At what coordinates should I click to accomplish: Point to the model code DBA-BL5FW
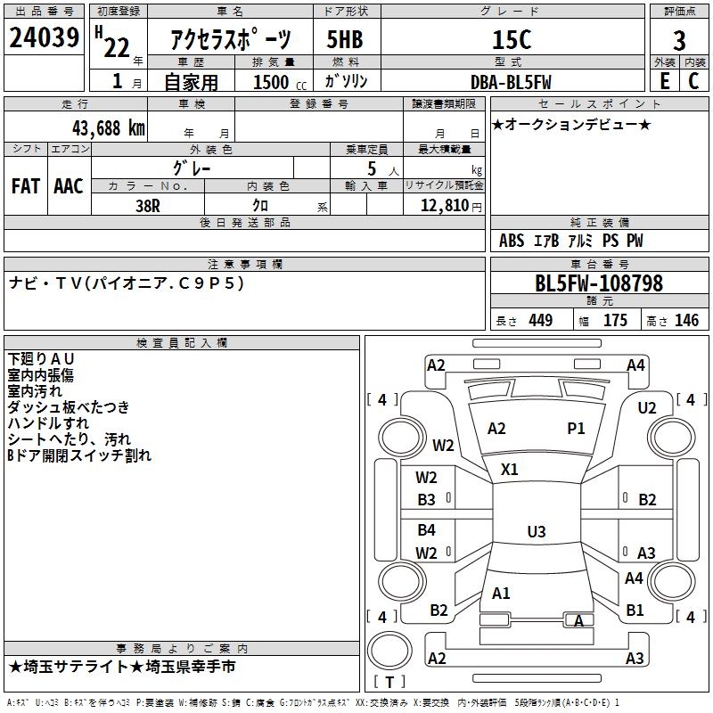[x=511, y=82]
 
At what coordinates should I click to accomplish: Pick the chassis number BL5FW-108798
[x=599, y=283]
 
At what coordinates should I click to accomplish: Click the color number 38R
[x=148, y=206]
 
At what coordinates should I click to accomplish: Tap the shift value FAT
[x=25, y=186]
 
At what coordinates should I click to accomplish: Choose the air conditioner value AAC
[x=68, y=186]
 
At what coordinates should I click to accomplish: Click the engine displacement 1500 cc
[x=273, y=82]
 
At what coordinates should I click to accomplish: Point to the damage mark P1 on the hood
[x=576, y=429]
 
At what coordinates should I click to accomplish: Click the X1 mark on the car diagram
[x=510, y=469]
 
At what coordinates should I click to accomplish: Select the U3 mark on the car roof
[x=536, y=532]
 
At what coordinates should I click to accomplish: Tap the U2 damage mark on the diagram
[x=647, y=408]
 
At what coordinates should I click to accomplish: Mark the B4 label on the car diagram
[x=427, y=530]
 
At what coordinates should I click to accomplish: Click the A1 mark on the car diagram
[x=501, y=593]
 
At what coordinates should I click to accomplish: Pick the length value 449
[x=540, y=321]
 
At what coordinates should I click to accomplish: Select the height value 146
[x=686, y=321]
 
